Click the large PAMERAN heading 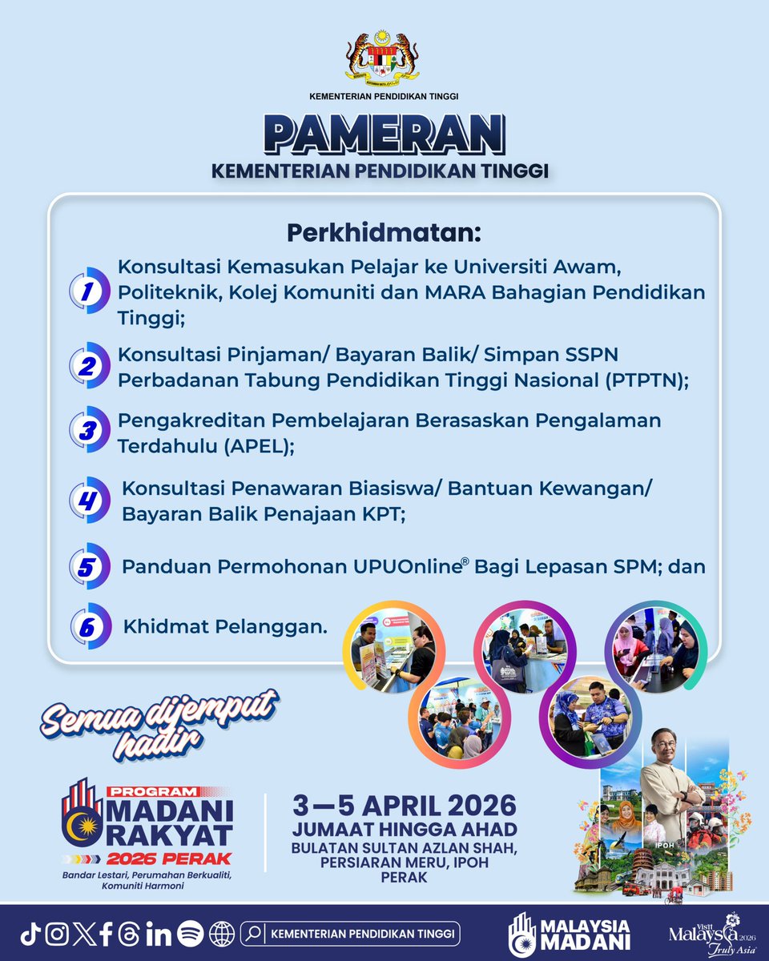384,134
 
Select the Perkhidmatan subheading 384,234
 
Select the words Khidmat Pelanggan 225,626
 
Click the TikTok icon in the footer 30,934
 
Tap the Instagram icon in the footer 57,934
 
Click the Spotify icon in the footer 190,934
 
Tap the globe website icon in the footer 221,934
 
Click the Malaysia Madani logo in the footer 570,935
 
